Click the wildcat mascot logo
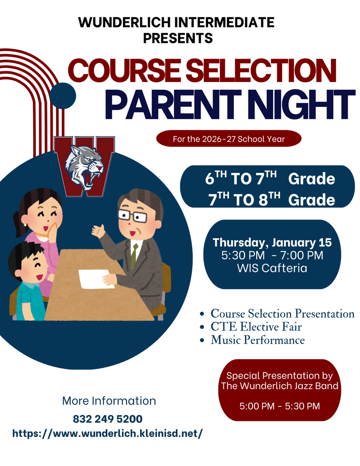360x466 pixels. (84, 167)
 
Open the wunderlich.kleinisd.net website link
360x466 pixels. (107, 433)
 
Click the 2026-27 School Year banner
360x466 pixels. (228, 139)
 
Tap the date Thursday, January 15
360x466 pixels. (272, 243)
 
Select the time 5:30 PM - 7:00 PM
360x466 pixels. (272, 256)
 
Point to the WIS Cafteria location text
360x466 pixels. (272, 268)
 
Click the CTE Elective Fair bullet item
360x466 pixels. (256, 327)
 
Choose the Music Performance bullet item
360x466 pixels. (258, 340)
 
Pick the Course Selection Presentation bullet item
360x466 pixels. (282, 314)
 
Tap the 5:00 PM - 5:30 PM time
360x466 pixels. (280, 405)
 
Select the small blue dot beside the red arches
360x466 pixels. (62, 96)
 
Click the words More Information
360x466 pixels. (109, 401)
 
